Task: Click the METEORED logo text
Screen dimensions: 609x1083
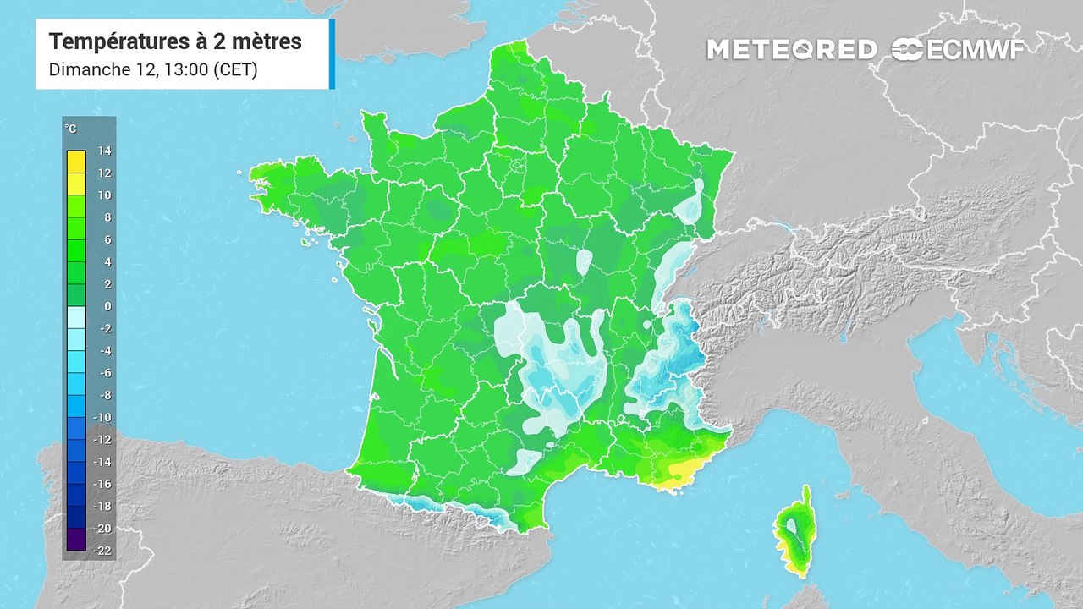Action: [791, 50]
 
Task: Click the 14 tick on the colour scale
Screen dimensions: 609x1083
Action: [105, 151]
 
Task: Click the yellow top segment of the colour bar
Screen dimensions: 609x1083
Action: [75, 162]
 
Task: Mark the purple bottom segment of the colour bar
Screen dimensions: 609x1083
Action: [75, 539]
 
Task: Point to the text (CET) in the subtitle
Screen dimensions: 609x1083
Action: [237, 70]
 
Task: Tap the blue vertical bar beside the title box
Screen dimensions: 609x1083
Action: [332, 54]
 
